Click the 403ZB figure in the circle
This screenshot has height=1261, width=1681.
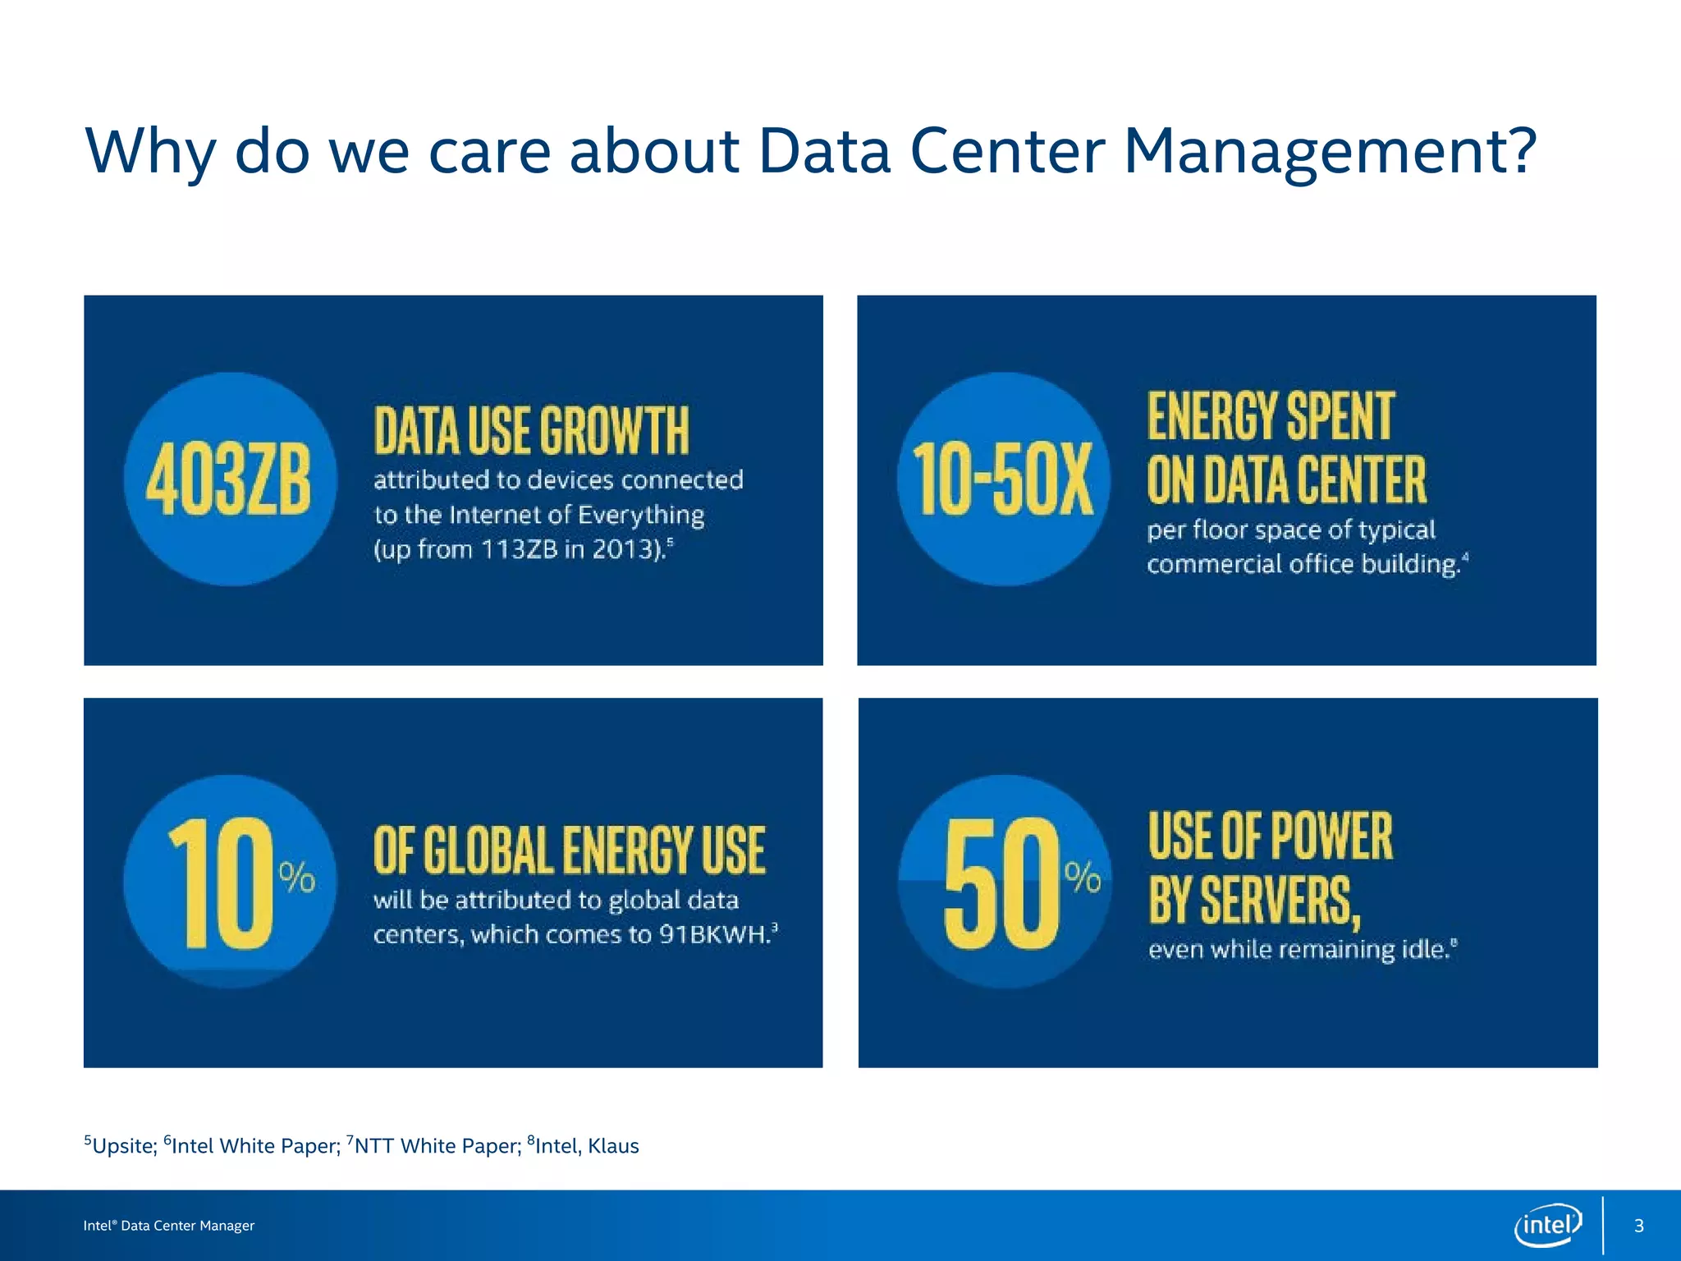(x=229, y=479)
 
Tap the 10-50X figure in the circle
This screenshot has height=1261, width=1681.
(x=1003, y=479)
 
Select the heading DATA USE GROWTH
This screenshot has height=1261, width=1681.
(x=531, y=431)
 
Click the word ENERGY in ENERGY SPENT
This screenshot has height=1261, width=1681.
(x=1212, y=416)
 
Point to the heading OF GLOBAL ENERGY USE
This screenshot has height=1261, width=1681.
(x=569, y=851)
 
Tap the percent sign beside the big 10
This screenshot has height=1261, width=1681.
(x=297, y=878)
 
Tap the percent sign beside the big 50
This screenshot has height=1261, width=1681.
(x=1083, y=878)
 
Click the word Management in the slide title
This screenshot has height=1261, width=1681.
(x=1328, y=151)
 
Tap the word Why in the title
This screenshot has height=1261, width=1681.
(x=150, y=153)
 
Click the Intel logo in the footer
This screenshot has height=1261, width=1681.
(x=1547, y=1225)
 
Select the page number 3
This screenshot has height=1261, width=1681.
(x=1638, y=1226)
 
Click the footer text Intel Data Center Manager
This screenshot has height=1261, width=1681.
(x=169, y=1226)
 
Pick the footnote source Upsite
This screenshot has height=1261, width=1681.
(x=123, y=1146)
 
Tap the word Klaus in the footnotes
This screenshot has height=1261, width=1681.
(x=612, y=1146)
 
